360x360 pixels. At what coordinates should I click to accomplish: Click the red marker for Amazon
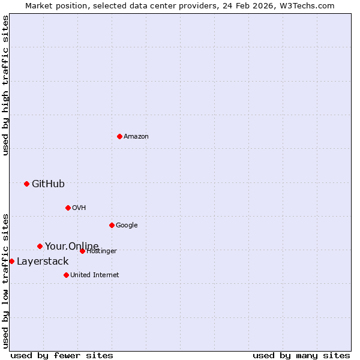tap(119, 136)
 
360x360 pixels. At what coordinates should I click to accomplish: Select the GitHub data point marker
tap(26, 184)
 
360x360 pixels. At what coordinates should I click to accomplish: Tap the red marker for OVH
tap(68, 208)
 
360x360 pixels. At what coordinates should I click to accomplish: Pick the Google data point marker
tap(112, 225)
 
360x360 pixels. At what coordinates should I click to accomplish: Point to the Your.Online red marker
tap(40, 246)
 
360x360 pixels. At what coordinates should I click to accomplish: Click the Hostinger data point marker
tap(82, 251)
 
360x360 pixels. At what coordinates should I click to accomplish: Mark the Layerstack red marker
tap(11, 261)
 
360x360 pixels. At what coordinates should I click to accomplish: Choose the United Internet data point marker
tap(66, 275)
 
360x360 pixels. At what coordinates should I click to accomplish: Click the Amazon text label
tap(136, 136)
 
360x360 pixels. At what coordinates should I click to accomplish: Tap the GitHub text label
tap(48, 184)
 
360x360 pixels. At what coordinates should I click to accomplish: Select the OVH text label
tap(79, 208)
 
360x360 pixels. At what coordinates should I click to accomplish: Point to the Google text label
tap(127, 225)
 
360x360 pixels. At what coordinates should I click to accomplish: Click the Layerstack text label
tap(43, 261)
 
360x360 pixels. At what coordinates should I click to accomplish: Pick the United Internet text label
tap(94, 275)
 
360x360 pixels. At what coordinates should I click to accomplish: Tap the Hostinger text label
tap(101, 251)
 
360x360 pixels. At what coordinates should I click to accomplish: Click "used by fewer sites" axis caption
tap(62, 355)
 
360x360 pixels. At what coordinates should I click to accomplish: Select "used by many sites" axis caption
tap(301, 355)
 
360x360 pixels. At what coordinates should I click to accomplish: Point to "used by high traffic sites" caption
tap(5, 85)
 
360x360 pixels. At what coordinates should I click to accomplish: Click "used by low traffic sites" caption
tap(5, 280)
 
